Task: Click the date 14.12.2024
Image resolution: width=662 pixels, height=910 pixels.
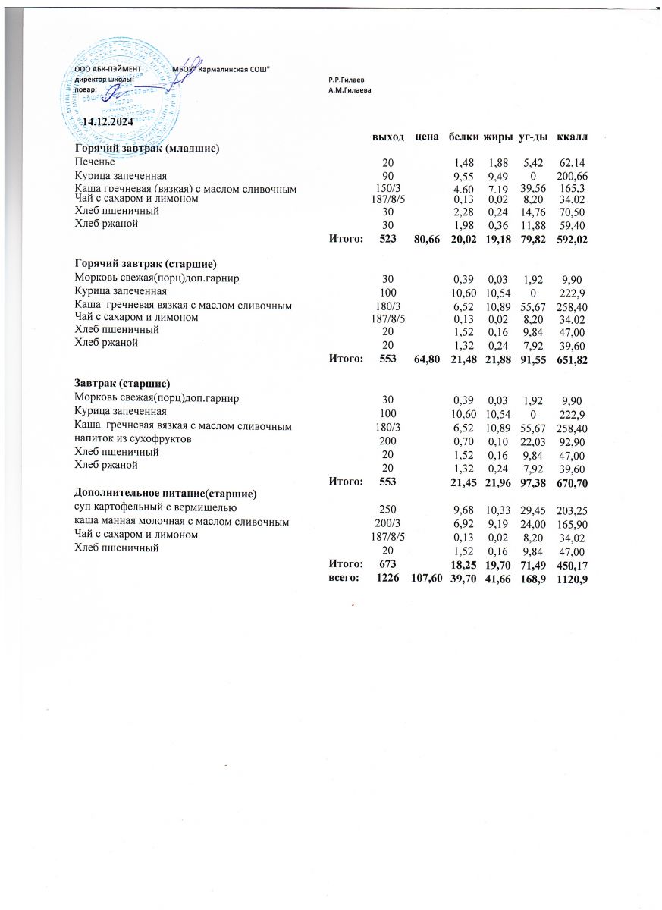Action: click(107, 121)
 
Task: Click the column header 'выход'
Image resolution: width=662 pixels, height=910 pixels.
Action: click(387, 136)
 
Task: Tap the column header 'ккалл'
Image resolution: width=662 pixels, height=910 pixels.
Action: click(573, 136)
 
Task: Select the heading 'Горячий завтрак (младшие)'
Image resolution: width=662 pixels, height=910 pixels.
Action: click(146, 148)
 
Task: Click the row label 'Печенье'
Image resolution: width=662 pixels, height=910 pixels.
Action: click(95, 162)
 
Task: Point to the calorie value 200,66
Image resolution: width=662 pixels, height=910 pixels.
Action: click(573, 175)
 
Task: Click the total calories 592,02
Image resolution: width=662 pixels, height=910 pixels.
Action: click(572, 240)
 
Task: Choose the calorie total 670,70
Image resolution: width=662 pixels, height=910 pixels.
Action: click(572, 482)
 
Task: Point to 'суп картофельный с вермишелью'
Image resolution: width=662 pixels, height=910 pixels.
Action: click(156, 507)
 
